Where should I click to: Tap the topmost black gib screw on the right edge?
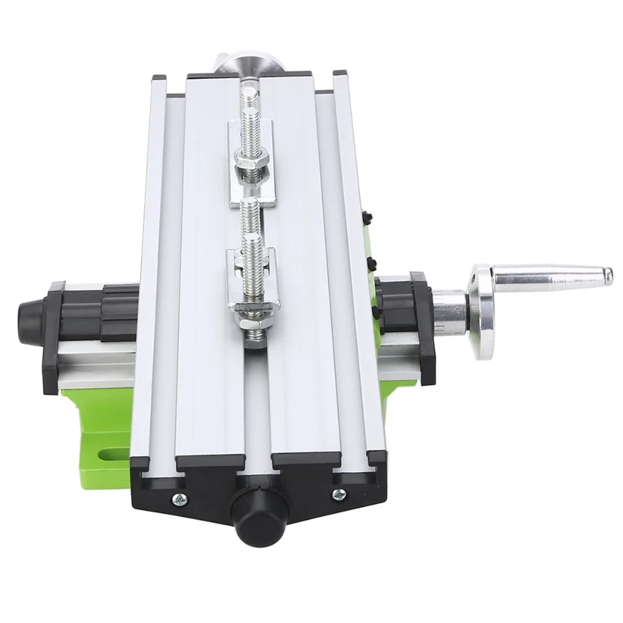coord(365,217)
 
